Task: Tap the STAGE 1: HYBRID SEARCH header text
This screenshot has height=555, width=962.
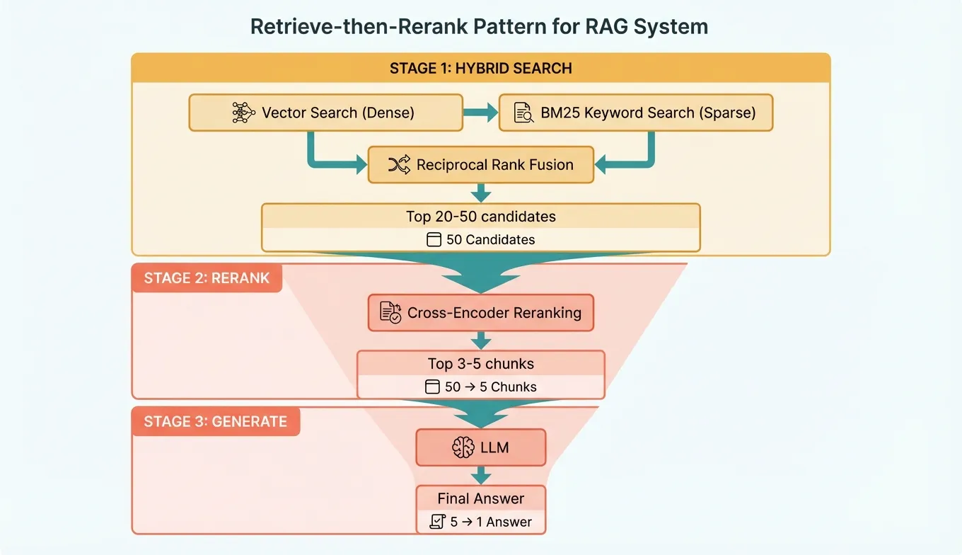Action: tap(480, 69)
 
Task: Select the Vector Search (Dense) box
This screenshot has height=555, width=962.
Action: tap(325, 113)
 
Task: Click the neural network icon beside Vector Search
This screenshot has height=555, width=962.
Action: tap(243, 113)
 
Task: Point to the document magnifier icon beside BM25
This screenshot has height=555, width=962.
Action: tap(523, 113)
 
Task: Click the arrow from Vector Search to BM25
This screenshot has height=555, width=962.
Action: tap(481, 113)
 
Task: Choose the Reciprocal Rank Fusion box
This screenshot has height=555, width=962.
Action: tap(481, 165)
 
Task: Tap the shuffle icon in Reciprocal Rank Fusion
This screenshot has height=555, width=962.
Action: tap(399, 165)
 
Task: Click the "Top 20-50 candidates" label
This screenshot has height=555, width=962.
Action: tap(480, 217)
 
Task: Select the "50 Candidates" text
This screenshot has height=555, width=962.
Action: tap(490, 240)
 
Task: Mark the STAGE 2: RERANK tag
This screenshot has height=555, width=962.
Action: tap(207, 278)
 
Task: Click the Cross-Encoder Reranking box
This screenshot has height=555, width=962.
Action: tap(481, 313)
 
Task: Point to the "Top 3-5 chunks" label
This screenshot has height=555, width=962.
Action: tap(480, 364)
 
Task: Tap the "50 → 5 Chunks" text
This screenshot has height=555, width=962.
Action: tap(490, 387)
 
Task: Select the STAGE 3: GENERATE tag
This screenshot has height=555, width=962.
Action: tap(215, 422)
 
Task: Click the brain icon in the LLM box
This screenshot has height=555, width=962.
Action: tap(462, 447)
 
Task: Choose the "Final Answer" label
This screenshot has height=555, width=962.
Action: tap(480, 498)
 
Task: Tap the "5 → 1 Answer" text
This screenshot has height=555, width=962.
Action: tap(490, 522)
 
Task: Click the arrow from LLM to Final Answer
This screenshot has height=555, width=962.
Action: tap(481, 474)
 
